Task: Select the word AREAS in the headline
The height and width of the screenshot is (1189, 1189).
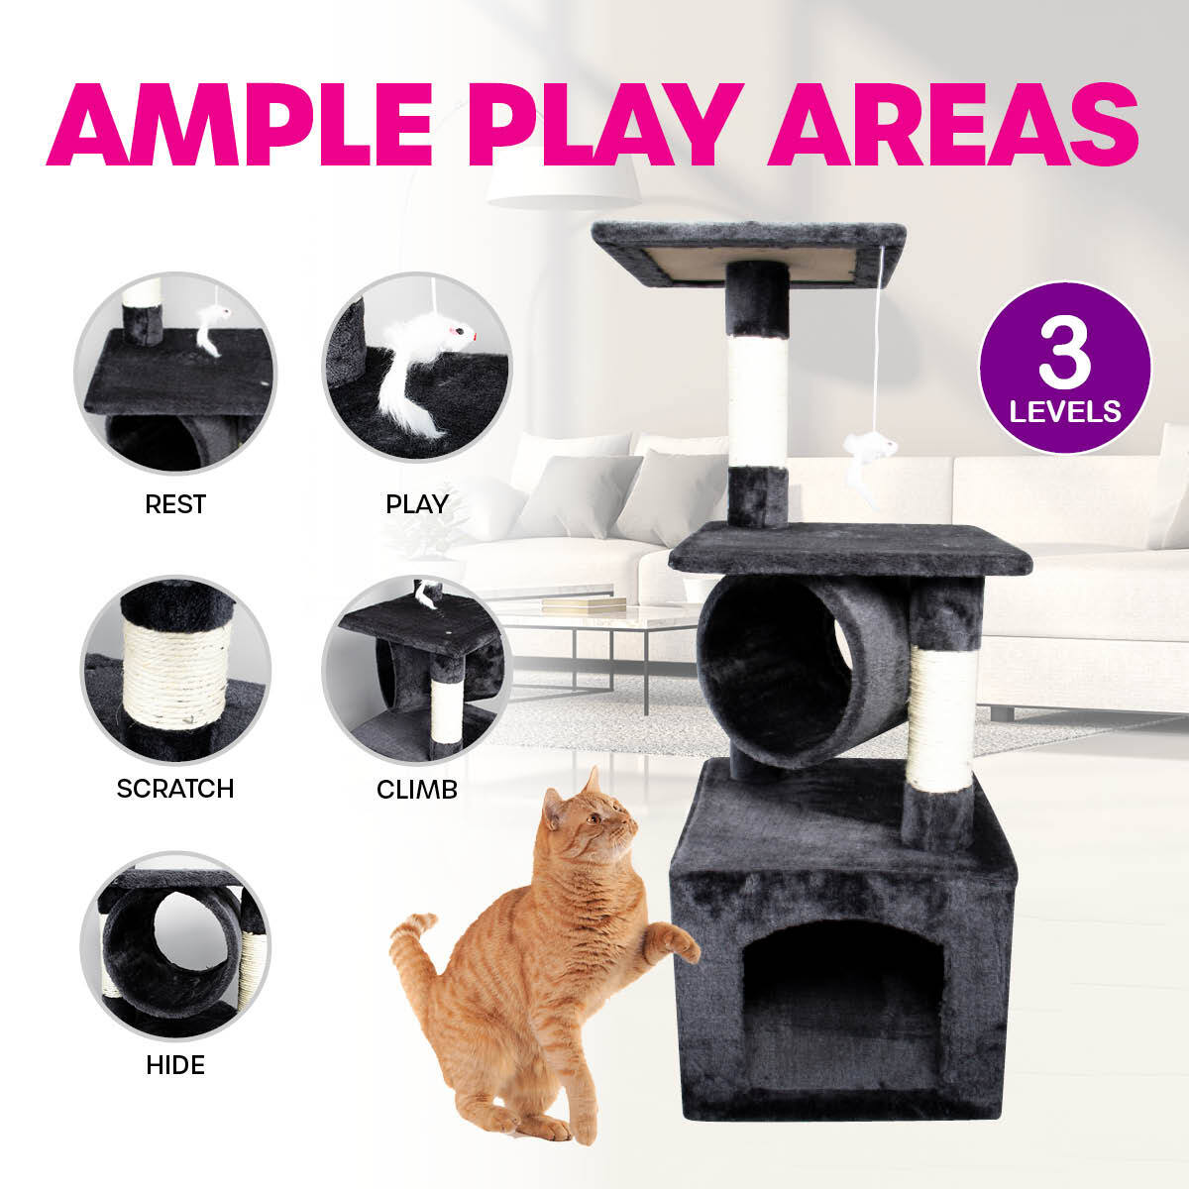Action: pos(952,126)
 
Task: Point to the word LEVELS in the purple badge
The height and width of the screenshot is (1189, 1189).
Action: pos(1065,410)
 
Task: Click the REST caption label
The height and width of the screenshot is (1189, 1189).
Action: pos(175,504)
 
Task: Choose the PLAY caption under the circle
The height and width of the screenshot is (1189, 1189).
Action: pos(416,504)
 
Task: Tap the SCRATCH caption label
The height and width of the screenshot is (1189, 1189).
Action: pos(175,789)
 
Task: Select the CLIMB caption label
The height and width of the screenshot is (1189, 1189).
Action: pos(416,790)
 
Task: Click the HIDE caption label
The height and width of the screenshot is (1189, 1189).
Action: pos(175,1065)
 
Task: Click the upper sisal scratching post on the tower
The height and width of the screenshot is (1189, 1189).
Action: pos(758,401)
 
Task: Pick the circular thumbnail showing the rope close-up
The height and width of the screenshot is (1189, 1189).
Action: pos(175,670)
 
